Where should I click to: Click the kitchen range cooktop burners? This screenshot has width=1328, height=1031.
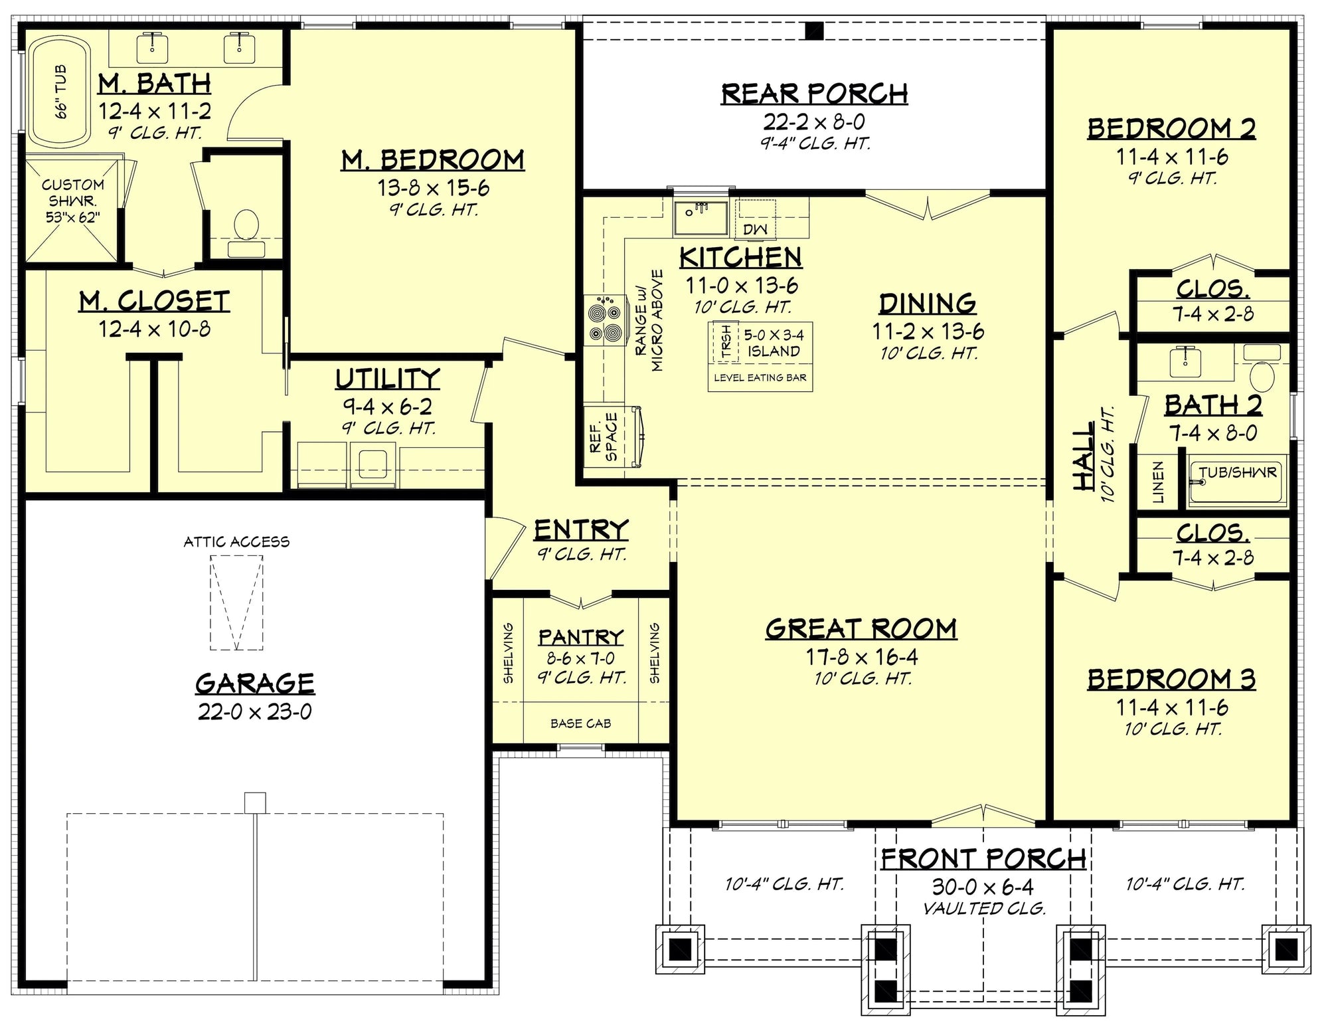pyautogui.click(x=605, y=321)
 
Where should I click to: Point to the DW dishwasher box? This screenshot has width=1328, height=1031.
pyautogui.click(x=755, y=229)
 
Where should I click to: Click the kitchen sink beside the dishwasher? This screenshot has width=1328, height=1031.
pyautogui.click(x=701, y=217)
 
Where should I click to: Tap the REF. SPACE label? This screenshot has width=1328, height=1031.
pyautogui.click(x=604, y=436)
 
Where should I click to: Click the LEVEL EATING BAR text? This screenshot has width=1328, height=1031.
pyautogui.click(x=760, y=378)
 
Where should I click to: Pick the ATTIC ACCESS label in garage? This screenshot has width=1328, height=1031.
pyautogui.click(x=236, y=542)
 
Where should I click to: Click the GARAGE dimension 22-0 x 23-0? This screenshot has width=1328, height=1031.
pyautogui.click(x=254, y=712)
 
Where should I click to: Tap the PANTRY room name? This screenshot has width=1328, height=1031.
pyautogui.click(x=580, y=637)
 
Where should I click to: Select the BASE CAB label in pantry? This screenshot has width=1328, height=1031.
pyautogui.click(x=580, y=723)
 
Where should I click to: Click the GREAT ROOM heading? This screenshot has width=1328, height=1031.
pyautogui.click(x=861, y=628)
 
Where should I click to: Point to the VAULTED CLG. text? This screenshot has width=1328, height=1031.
pyautogui.click(x=984, y=908)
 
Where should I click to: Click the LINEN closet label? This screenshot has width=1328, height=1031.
pyautogui.click(x=1158, y=482)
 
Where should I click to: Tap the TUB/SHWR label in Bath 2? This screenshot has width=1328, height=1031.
pyautogui.click(x=1238, y=472)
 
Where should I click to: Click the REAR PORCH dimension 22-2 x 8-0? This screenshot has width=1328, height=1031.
pyautogui.click(x=814, y=122)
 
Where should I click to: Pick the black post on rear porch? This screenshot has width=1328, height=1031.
pyautogui.click(x=814, y=31)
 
